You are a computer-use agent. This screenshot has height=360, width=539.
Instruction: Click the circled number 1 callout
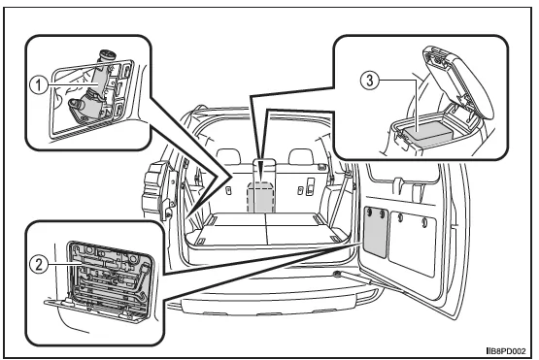[39, 84]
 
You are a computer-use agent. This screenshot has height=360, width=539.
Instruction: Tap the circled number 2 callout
[39, 265]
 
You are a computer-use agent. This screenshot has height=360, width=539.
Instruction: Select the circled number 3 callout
[370, 81]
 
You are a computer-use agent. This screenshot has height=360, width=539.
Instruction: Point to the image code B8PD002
[506, 351]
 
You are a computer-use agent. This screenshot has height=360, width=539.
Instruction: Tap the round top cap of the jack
[107, 56]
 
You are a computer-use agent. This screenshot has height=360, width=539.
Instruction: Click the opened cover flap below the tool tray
[93, 310]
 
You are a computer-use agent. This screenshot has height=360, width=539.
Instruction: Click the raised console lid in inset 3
[457, 79]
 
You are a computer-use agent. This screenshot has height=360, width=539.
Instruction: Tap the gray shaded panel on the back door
[376, 232]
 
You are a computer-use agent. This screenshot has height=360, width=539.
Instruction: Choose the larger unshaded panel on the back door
[413, 243]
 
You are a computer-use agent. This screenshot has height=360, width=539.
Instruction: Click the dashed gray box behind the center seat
[261, 196]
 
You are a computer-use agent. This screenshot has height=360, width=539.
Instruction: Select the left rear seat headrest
[228, 156]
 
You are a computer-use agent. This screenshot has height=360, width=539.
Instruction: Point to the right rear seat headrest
[301, 156]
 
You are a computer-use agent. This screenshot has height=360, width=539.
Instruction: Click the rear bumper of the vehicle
[275, 303]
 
